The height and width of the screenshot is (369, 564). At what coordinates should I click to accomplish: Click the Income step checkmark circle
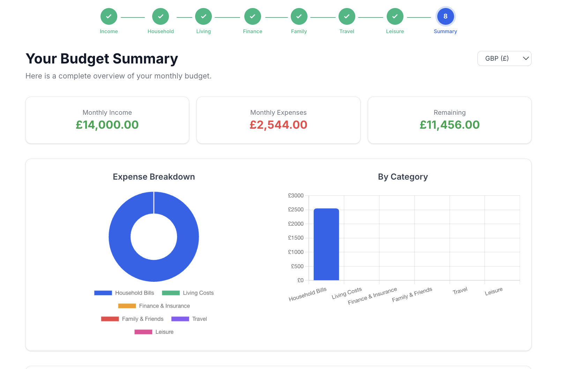(x=109, y=16)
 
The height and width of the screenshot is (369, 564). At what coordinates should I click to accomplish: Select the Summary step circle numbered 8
(x=445, y=16)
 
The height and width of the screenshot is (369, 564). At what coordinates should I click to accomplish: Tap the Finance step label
(x=252, y=31)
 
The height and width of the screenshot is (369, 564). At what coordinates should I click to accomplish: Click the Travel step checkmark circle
(x=347, y=16)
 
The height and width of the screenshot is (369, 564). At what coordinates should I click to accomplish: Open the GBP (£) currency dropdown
(x=504, y=59)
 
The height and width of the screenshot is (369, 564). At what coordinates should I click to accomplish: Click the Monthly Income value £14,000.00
(x=107, y=125)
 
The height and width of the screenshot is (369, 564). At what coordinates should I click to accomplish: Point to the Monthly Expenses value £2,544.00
(x=278, y=125)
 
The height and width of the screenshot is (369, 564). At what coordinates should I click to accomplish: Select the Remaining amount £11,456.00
(x=450, y=125)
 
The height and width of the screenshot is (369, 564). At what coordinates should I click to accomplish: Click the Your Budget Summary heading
(x=102, y=59)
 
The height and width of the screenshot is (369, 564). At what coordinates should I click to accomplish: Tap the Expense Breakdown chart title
(x=154, y=177)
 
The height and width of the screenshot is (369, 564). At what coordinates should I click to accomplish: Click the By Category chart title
(x=403, y=177)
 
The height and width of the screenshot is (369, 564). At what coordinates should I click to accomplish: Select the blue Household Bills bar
(x=326, y=244)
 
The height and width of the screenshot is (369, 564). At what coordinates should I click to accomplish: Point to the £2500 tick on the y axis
(x=296, y=210)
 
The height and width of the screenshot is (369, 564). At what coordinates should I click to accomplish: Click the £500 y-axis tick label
(x=297, y=266)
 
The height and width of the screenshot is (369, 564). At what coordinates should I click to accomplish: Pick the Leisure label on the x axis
(x=493, y=291)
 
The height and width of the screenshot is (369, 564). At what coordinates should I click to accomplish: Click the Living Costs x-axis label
(x=347, y=293)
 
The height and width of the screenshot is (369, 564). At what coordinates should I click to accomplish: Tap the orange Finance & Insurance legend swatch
(x=127, y=306)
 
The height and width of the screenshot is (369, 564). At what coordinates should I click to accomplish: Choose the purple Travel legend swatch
(x=180, y=319)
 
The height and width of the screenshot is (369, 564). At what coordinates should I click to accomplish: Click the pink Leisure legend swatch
(x=143, y=332)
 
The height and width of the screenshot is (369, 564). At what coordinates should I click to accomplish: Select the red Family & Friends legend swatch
(x=110, y=319)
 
